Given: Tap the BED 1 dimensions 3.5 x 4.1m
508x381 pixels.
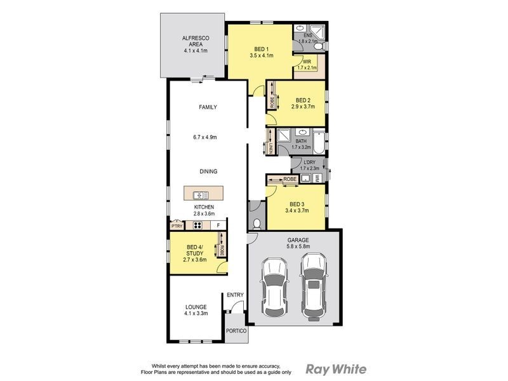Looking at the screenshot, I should pos(261,56).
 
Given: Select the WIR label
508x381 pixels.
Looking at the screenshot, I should pos(307,62).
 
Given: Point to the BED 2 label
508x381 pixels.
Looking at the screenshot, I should pos(303,100).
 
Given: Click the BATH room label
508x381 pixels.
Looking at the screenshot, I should pos(301,141).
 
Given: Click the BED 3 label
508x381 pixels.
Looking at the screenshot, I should pos(296,204).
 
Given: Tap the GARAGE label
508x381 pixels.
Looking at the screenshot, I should pos(297,239).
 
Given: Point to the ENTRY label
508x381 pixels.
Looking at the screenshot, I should pos(235,294).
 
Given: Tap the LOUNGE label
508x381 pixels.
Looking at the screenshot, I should pos(196,307).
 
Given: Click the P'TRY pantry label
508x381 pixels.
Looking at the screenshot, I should pos(177,225).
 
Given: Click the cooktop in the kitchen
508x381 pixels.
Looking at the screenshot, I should pos(197,225).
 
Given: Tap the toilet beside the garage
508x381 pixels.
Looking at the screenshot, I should pos(256,224).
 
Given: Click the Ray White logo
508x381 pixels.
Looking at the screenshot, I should pos(336,368).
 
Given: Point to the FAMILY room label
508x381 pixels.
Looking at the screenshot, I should pos(208,107).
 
